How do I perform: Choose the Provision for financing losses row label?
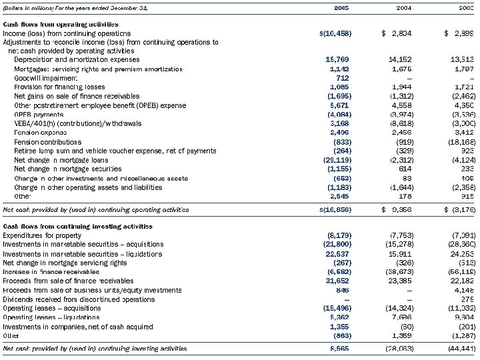click(53, 87)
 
